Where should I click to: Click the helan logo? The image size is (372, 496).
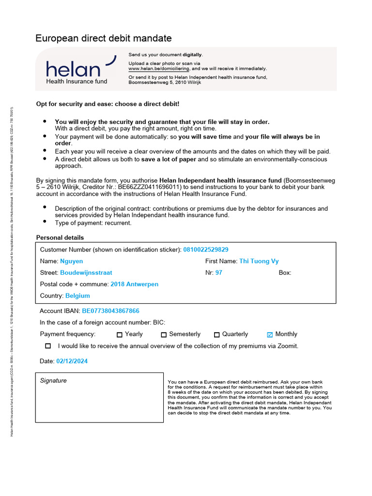point(80,70)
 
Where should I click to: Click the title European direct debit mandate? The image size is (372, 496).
point(104,38)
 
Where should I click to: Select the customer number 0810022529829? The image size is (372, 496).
point(206,249)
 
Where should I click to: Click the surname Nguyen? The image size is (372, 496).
point(71,261)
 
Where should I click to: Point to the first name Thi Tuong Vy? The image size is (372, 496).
point(259,261)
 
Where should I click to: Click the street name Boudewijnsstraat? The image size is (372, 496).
point(86,273)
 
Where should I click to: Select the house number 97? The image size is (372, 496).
point(219,273)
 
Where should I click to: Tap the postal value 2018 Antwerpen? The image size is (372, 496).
point(134,284)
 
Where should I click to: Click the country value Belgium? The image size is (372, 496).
point(77,295)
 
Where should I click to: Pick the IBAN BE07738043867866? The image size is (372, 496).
point(110,311)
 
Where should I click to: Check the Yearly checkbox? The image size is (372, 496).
point(120,335)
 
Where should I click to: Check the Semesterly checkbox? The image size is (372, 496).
point(164,335)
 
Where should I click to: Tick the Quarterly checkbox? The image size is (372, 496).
point(217,335)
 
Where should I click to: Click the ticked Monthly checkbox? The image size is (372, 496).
point(270,335)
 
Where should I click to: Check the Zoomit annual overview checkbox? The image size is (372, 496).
point(48,346)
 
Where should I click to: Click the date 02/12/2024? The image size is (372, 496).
point(72,361)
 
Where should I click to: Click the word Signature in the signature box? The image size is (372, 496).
point(53,381)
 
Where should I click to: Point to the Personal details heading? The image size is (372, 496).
point(60,238)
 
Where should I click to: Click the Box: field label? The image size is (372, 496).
point(285,273)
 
